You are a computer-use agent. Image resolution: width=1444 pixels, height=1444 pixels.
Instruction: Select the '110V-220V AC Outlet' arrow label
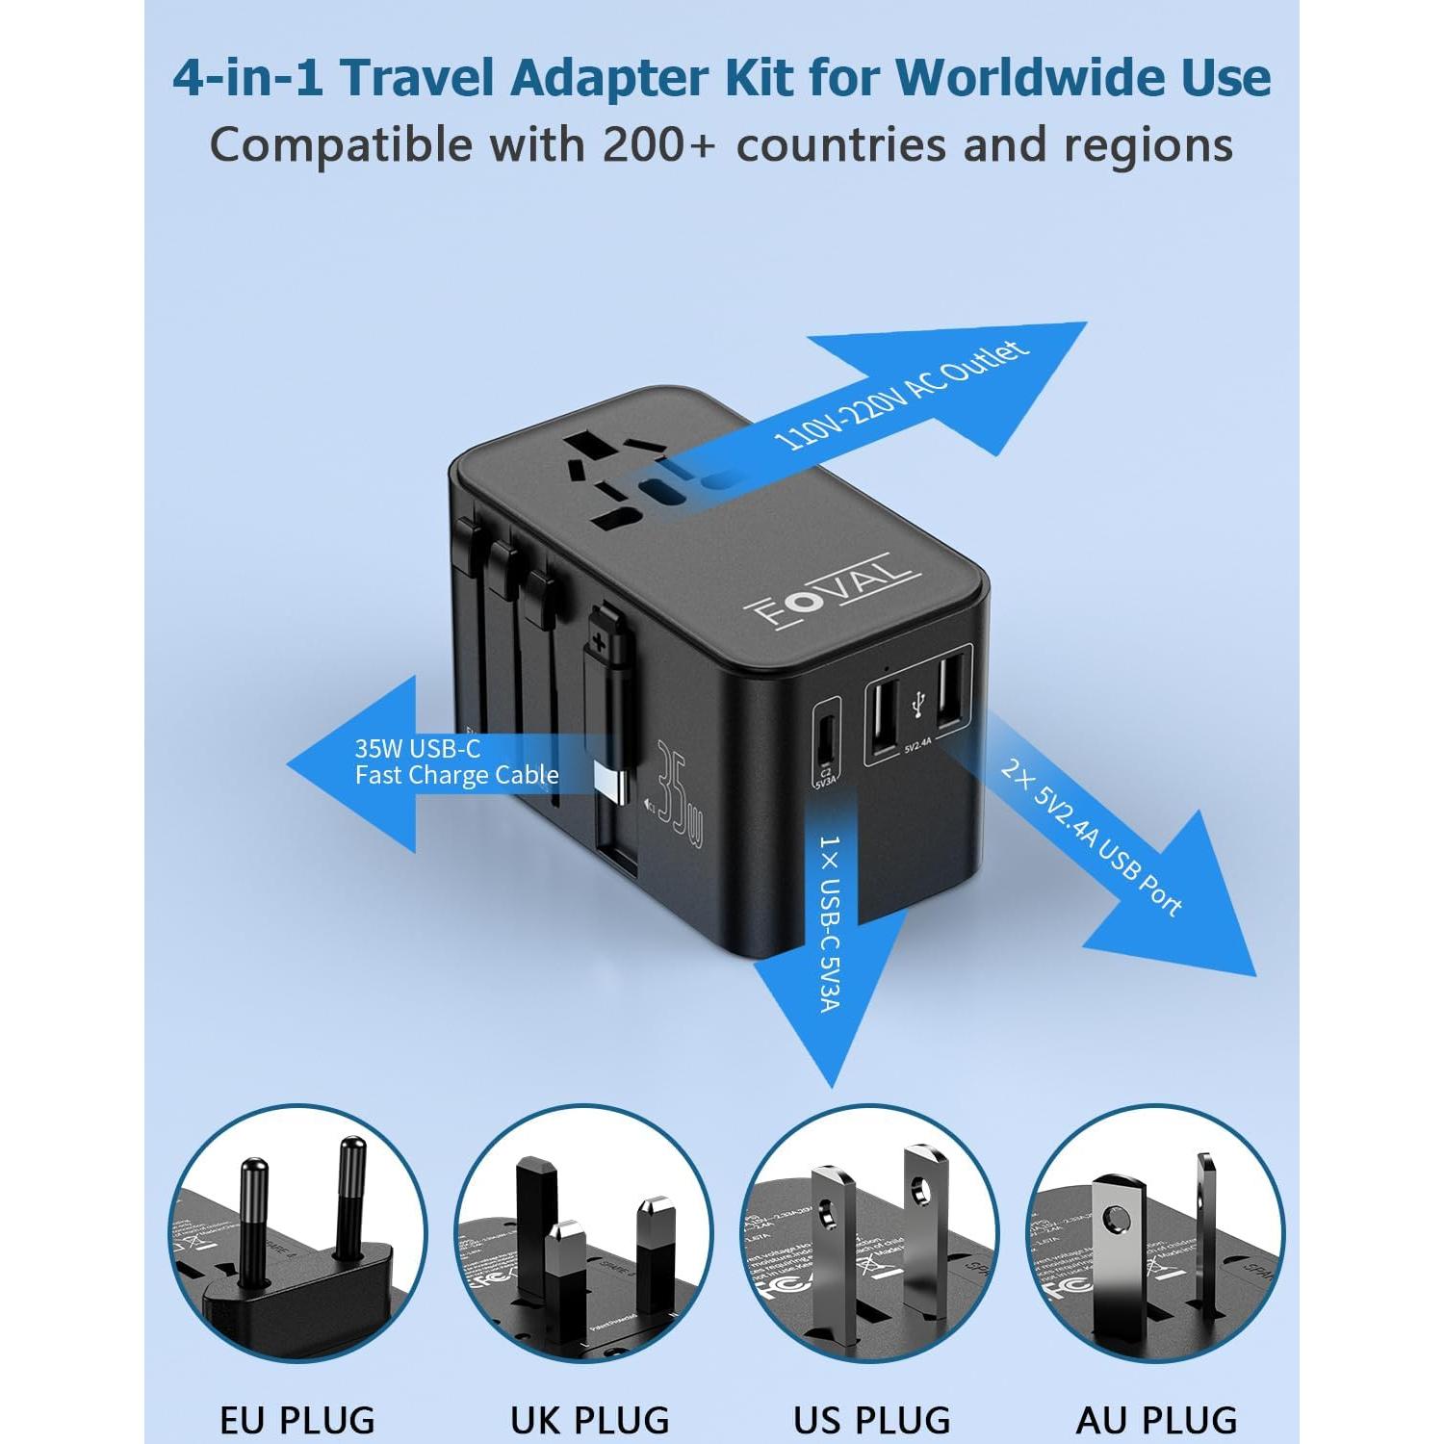click(x=901, y=396)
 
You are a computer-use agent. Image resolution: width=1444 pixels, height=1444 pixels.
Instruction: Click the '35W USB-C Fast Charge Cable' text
click(x=456, y=761)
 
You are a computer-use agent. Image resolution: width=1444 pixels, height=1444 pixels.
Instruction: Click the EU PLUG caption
click(x=297, y=1419)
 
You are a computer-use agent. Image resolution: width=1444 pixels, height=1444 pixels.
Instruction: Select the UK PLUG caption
click(x=589, y=1419)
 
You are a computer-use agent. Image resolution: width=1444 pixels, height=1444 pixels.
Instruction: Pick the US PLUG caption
click(x=872, y=1419)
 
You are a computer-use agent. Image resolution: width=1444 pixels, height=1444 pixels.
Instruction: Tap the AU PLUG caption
click(x=1156, y=1419)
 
